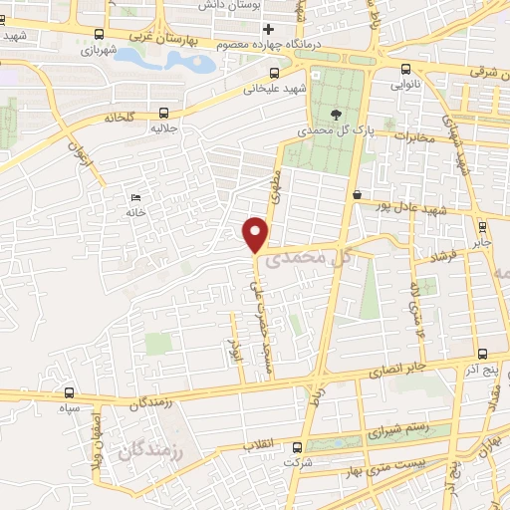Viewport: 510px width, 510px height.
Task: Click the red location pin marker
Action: (257, 233)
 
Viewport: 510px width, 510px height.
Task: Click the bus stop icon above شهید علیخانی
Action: (275, 72)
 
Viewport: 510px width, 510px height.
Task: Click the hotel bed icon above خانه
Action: (134, 197)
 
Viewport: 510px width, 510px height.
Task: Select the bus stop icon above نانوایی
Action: (404, 69)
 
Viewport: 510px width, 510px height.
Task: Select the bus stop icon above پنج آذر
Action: (483, 354)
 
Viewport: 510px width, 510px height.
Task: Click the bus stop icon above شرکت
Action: (292, 448)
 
